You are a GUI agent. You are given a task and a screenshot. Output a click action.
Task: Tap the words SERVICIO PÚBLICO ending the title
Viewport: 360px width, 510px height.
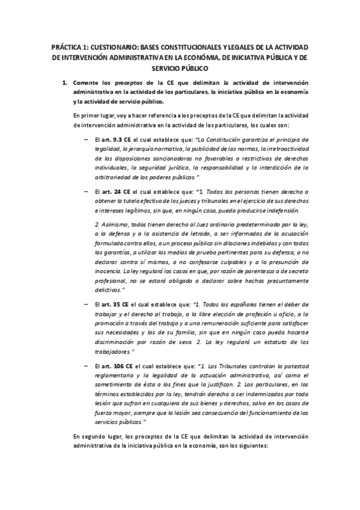[x=180, y=69]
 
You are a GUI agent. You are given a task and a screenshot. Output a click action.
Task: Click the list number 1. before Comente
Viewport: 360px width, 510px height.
[x=66, y=82]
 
